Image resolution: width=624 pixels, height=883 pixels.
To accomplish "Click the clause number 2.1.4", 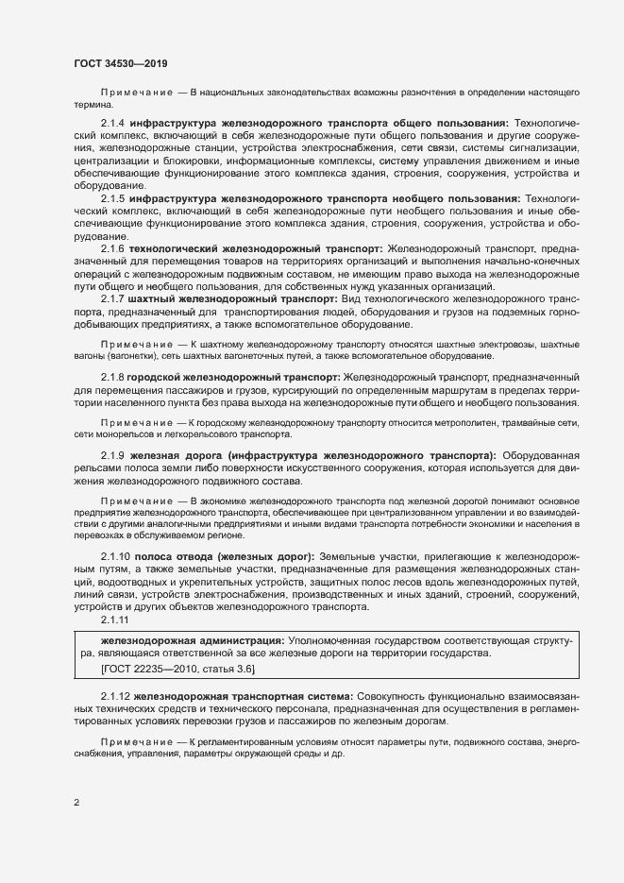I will coord(113,123).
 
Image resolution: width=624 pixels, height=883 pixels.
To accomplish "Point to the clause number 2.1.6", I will coord(113,247).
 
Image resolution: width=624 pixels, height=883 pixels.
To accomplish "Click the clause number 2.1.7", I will coord(113,297).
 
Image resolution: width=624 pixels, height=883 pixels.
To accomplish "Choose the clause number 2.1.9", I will coord(113,455).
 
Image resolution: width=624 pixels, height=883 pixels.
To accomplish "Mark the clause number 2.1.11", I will coord(116,620).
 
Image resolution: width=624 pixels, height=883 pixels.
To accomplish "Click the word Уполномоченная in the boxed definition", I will coord(335,640).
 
